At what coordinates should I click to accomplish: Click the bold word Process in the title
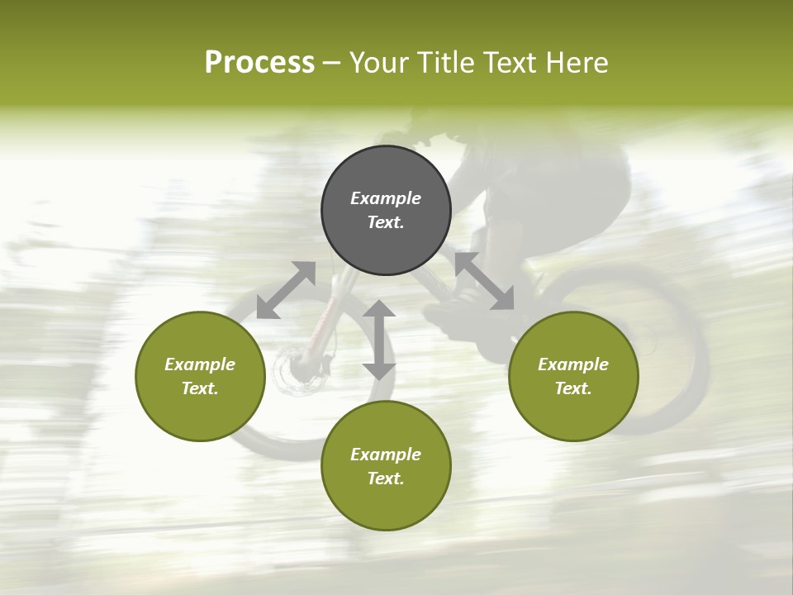pyautogui.click(x=259, y=63)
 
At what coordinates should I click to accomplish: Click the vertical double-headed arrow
pyautogui.click(x=379, y=340)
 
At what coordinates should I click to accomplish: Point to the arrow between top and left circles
pyautogui.click(x=286, y=290)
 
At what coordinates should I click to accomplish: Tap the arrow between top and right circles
pyautogui.click(x=484, y=281)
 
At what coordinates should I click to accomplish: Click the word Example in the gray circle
pyautogui.click(x=386, y=198)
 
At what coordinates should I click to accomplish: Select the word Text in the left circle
pyautogui.click(x=200, y=388)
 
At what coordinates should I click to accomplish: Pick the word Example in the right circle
pyautogui.click(x=573, y=364)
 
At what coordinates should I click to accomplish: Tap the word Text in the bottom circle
pyautogui.click(x=386, y=478)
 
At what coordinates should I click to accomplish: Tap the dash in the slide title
pyautogui.click(x=332, y=63)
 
